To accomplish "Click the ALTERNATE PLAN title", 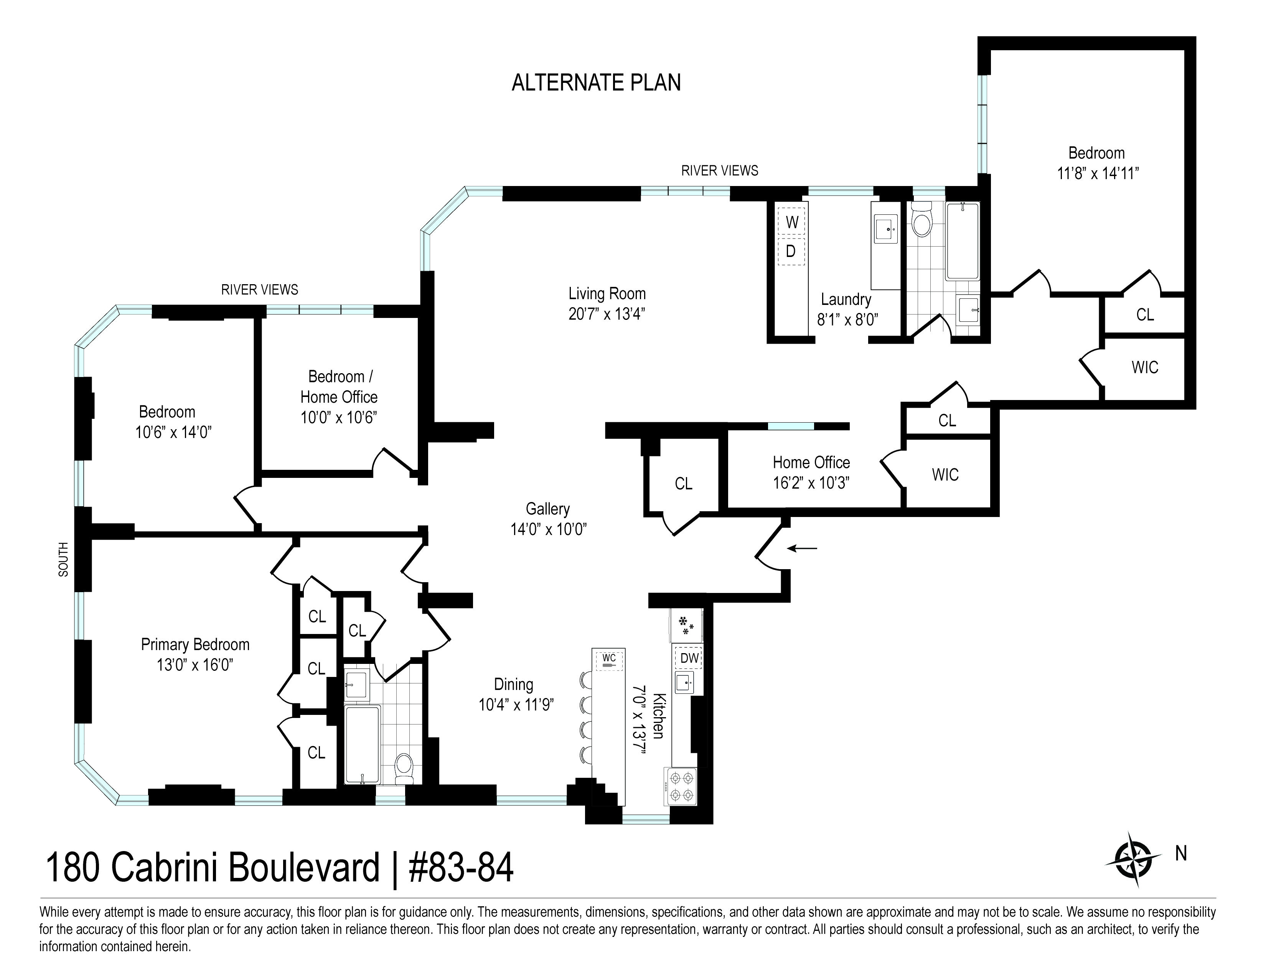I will point(596,83).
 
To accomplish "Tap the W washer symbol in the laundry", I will point(791,222).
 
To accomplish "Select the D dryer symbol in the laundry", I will point(791,252).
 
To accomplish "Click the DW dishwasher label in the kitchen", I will point(689,658).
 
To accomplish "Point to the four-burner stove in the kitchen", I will point(681,787).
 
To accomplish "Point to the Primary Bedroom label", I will point(195,644).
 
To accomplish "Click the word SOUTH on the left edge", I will point(63,559).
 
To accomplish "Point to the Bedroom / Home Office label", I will point(339,387).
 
